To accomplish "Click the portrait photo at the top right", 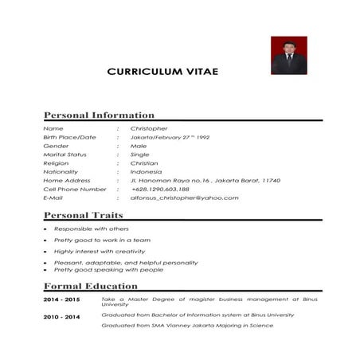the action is click(x=288, y=55).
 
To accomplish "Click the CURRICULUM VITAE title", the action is click(x=162, y=72).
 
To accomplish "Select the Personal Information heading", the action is click(x=99, y=115).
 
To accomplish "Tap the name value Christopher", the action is click(x=149, y=128).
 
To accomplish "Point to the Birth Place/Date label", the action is click(x=69, y=138).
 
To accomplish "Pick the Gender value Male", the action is click(x=139, y=147).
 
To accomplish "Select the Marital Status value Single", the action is click(x=139, y=155).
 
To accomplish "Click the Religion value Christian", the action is click(x=144, y=163).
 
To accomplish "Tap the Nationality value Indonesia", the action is click(x=146, y=172).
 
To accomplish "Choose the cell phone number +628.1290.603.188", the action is click(x=160, y=190).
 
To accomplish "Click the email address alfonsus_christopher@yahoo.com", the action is click(x=184, y=198).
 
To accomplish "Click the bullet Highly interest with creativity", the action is click(x=100, y=251).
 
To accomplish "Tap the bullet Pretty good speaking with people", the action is click(x=108, y=269).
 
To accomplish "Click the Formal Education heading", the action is click(x=90, y=285).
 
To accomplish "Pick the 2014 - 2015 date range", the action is click(x=61, y=299).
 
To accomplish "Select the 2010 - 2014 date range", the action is click(x=61, y=317).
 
